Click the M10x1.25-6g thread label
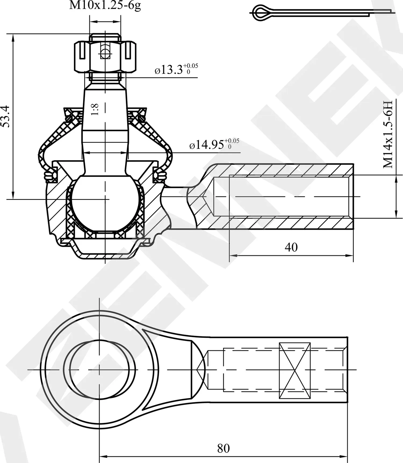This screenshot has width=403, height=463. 105,5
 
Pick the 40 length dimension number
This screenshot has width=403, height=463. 291,247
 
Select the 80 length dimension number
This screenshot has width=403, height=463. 223,448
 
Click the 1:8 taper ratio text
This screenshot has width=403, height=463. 95,109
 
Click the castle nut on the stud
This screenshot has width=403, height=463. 105,57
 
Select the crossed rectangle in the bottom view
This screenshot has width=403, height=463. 295,370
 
